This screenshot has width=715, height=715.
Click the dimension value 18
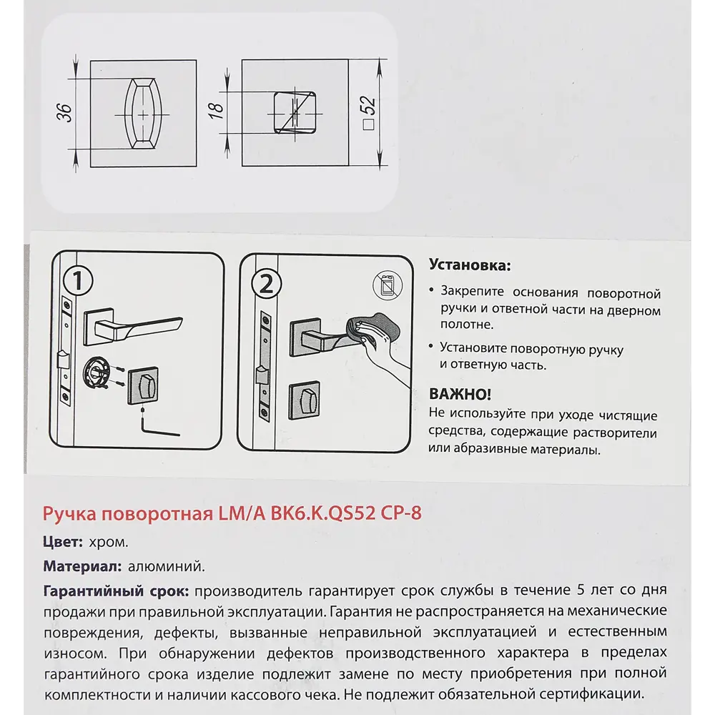click(x=218, y=109)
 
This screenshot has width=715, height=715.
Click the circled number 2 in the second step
click(x=263, y=285)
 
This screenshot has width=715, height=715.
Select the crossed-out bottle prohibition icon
click(x=386, y=287)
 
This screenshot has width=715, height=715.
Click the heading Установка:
click(x=469, y=265)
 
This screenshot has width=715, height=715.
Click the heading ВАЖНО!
click(x=459, y=395)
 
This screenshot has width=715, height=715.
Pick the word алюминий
click(x=166, y=567)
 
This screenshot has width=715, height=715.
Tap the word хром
click(x=109, y=542)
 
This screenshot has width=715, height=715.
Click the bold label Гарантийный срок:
click(x=116, y=592)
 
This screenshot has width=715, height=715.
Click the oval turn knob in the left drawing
click(x=144, y=114)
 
